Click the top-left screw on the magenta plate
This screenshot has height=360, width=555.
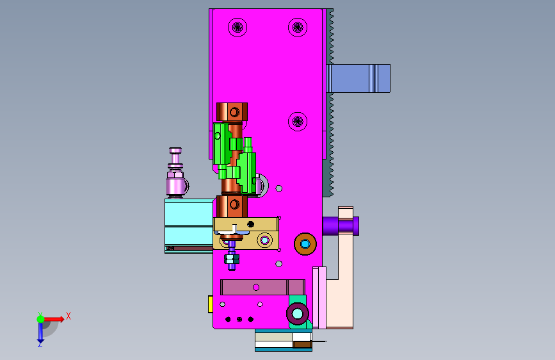(237, 28)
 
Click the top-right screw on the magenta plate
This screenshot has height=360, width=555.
(298, 28)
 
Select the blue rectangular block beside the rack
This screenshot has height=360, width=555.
(358, 78)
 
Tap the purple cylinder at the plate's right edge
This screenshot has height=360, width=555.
(341, 226)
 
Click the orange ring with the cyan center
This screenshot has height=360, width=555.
(305, 244)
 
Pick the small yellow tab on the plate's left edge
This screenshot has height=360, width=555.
(210, 304)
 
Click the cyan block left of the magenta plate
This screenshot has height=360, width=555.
(189, 225)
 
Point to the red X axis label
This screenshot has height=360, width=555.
(68, 316)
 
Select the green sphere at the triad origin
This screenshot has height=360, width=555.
(41, 319)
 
